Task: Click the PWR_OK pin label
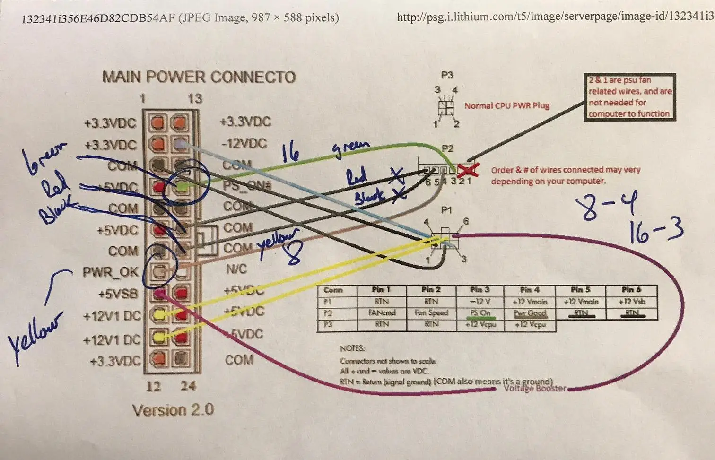click(110, 272)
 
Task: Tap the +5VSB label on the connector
click(118, 294)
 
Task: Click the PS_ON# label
click(246, 185)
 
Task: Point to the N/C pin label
click(236, 269)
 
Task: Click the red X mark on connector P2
click(467, 169)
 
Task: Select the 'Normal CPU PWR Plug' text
click(506, 106)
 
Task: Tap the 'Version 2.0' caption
click(173, 410)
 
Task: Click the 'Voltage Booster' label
click(534, 389)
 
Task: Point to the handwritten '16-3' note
click(656, 231)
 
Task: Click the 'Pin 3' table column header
click(480, 290)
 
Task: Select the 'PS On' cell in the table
click(480, 313)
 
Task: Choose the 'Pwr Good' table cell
click(530, 313)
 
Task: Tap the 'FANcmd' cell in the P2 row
click(382, 313)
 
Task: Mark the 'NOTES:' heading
click(352, 348)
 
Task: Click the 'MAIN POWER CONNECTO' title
click(199, 77)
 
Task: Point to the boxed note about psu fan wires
click(629, 97)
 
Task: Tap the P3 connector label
click(447, 75)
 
